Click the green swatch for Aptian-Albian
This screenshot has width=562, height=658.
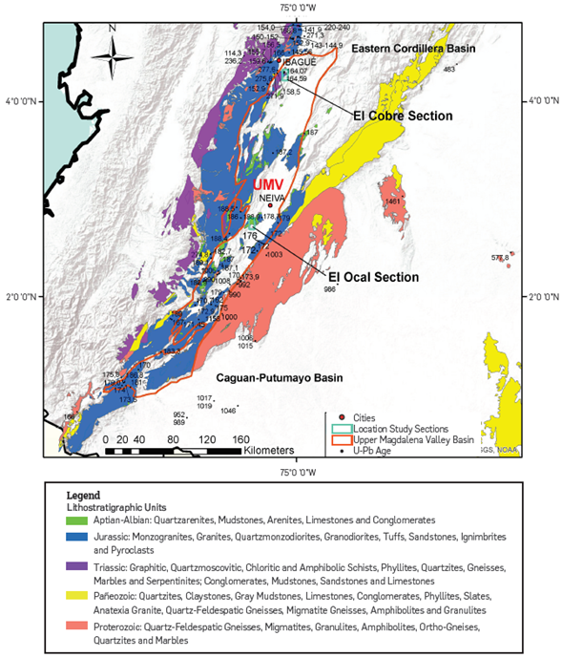pyautogui.click(x=75, y=522)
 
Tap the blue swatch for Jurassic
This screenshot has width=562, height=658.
pyautogui.click(x=75, y=538)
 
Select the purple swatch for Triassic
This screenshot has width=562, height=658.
pyautogui.click(x=75, y=567)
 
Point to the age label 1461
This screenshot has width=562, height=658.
pyautogui.click(x=392, y=202)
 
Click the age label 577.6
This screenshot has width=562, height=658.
pyautogui.click(x=500, y=257)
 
